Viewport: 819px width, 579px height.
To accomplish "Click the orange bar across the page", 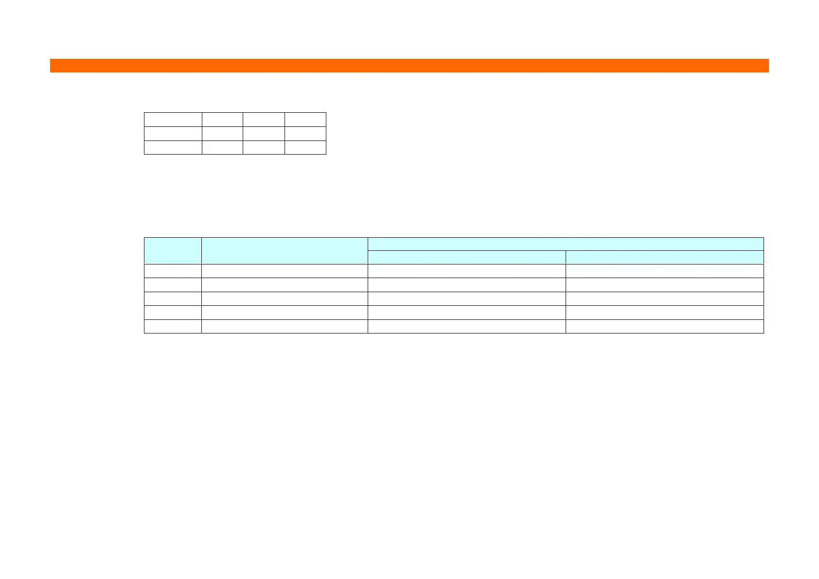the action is click(x=409, y=66).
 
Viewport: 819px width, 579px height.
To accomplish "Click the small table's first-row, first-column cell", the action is click(x=173, y=120).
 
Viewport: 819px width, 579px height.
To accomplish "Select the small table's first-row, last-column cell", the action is click(x=305, y=120).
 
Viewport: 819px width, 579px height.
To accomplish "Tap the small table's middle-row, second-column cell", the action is click(x=222, y=134).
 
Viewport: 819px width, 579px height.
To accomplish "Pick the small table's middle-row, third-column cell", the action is click(x=264, y=134).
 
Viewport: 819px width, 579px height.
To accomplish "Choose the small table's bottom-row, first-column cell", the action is click(x=173, y=147).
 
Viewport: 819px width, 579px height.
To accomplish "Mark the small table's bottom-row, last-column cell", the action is click(x=305, y=147).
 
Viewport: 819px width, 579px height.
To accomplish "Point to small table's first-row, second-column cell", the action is click(x=222, y=120).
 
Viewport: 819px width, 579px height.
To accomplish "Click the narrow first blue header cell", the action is click(x=173, y=251).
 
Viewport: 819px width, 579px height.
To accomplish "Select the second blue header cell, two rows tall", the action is click(x=285, y=251).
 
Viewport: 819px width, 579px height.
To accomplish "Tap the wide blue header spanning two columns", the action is click(x=566, y=244).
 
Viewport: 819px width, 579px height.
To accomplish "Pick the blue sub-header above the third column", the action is click(x=466, y=257).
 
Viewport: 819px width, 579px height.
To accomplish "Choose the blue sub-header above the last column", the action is click(x=664, y=257).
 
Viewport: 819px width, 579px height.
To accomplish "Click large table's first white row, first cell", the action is click(x=173, y=271).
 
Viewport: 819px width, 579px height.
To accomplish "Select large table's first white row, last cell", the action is click(x=664, y=271).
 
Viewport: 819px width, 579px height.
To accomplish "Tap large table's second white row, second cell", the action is click(x=285, y=285).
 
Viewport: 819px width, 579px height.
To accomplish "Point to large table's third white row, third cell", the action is click(x=466, y=298).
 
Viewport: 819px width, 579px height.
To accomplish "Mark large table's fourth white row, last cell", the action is click(x=664, y=313).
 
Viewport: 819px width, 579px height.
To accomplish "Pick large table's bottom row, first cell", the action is click(x=173, y=326).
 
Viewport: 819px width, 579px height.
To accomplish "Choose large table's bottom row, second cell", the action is click(x=285, y=326).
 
